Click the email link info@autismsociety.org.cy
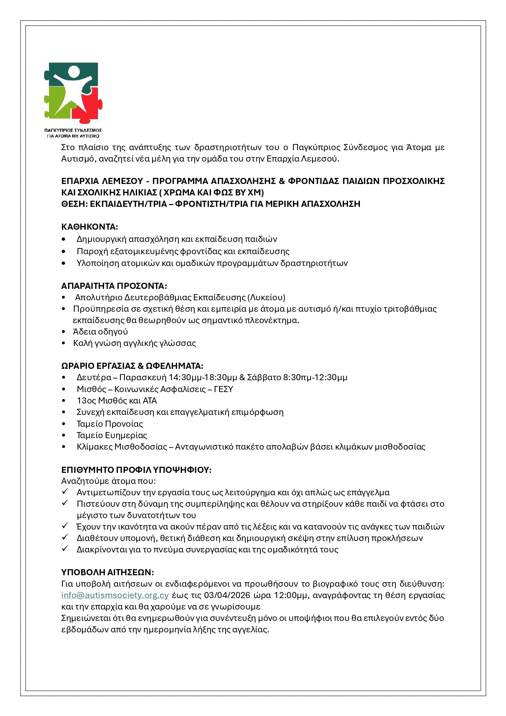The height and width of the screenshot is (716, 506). tap(115, 595)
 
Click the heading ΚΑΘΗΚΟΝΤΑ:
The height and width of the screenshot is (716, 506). tap(89, 227)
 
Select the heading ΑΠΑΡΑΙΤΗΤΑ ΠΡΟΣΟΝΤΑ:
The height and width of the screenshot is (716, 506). tap(114, 286)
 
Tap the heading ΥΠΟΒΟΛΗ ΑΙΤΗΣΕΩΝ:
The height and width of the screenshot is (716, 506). tap(107, 572)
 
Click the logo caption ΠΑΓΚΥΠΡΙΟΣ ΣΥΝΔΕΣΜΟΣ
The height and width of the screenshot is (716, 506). tap(73, 130)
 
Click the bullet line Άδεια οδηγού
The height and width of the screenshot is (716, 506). tap(100, 332)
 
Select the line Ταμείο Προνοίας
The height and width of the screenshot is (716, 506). tap(110, 424)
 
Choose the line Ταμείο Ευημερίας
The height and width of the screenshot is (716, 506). tap(111, 435)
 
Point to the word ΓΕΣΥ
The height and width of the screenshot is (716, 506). tap(223, 389)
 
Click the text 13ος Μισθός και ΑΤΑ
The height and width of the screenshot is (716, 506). tap(117, 401)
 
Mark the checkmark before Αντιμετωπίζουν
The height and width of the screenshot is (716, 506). tap(65, 492)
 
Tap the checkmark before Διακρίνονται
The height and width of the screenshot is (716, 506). tap(65, 549)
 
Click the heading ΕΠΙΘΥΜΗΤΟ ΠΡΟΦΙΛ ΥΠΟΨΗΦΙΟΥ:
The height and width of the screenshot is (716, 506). tap(136, 470)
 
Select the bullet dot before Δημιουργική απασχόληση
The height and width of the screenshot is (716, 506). tap(64, 239)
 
